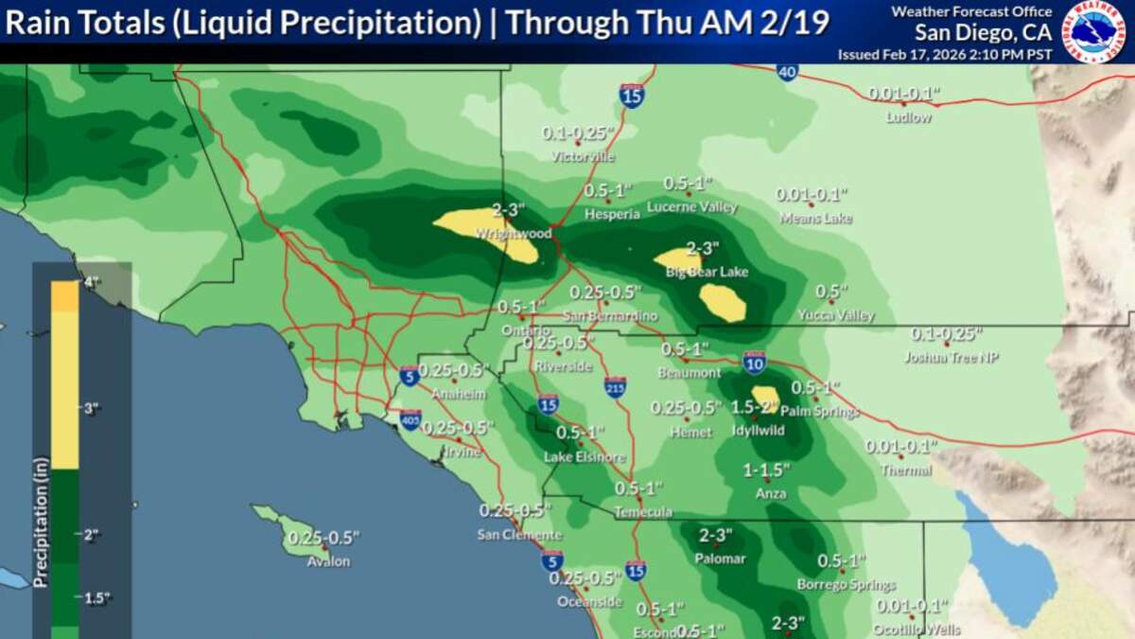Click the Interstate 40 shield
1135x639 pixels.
[788, 72]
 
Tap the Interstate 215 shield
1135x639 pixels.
[615, 386]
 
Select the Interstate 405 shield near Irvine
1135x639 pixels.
[410, 418]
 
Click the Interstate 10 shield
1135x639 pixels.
[754, 363]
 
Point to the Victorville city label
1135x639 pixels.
[583, 156]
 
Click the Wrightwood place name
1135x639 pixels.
[514, 233]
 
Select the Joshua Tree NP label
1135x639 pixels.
[952, 358]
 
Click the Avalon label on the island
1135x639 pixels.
[328, 561]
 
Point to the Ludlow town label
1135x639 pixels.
[908, 117]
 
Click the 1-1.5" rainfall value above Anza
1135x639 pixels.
[766, 470]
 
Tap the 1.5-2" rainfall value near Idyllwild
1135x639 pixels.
[754, 407]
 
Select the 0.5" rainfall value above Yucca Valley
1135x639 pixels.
[831, 292]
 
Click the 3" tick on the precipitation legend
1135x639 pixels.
[92, 409]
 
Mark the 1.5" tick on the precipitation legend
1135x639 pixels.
[92, 598]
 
